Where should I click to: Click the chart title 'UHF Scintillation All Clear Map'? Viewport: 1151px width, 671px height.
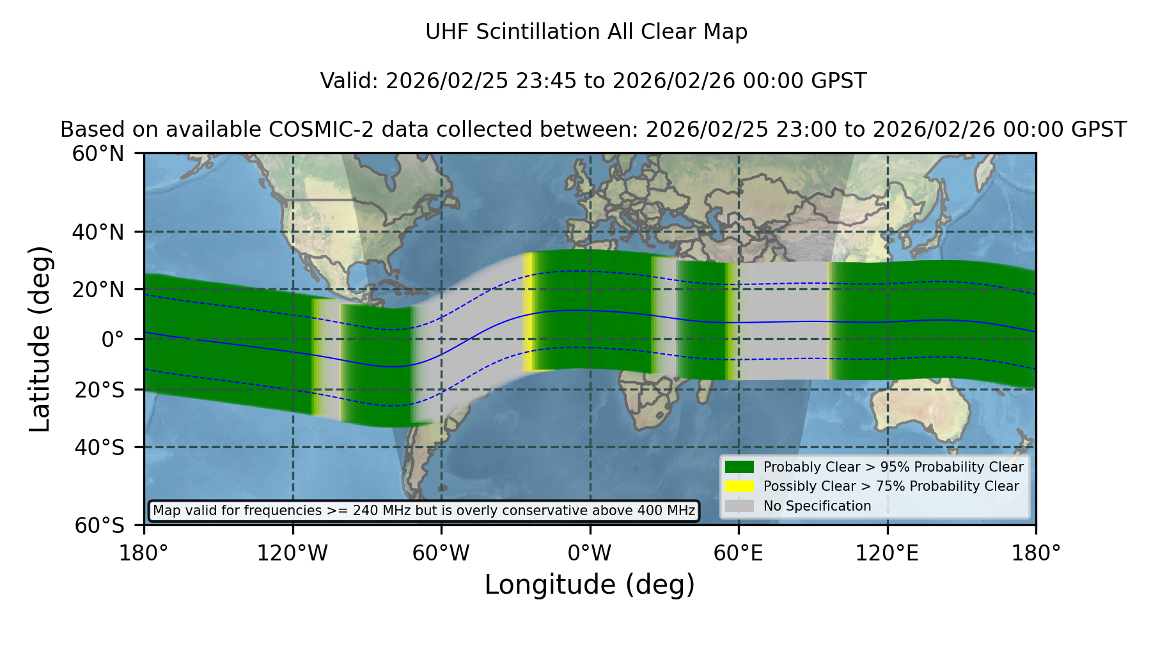(x=586, y=32)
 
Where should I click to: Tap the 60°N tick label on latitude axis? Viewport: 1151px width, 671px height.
(x=98, y=154)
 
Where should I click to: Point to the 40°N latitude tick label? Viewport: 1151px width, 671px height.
(x=98, y=232)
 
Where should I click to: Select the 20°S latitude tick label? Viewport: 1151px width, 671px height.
(x=100, y=390)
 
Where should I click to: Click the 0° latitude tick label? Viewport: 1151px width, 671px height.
(x=113, y=339)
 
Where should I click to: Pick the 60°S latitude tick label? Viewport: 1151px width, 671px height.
(x=100, y=526)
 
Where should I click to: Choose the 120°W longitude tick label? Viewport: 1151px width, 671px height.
(x=292, y=553)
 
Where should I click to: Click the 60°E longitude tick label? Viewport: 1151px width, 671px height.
(x=739, y=553)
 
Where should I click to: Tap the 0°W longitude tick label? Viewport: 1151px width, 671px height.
(x=590, y=553)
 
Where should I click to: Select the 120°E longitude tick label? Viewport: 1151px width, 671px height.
(x=888, y=553)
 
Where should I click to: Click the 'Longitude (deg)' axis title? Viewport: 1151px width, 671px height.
(x=590, y=585)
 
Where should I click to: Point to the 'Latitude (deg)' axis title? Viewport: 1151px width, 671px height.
(x=40, y=339)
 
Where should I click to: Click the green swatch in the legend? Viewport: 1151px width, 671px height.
(x=739, y=467)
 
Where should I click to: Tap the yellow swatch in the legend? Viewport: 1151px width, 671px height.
(x=739, y=486)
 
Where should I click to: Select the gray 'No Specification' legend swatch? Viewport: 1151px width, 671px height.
(x=739, y=506)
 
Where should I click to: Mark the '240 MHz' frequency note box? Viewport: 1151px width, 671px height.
(x=424, y=511)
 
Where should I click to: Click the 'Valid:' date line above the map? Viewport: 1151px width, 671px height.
(x=593, y=81)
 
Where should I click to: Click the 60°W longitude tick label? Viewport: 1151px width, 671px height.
(x=441, y=553)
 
